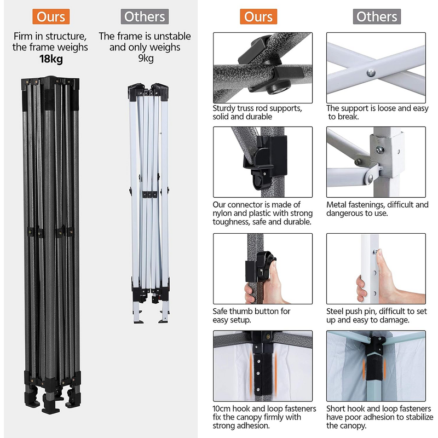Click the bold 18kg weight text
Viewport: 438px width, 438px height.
click(x=51, y=59)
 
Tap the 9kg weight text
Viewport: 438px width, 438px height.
click(x=146, y=59)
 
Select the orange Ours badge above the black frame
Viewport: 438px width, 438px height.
click(x=51, y=16)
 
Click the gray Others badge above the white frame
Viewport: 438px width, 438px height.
click(x=145, y=16)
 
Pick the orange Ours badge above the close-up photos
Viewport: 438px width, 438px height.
click(x=258, y=16)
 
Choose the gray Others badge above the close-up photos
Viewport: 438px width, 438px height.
click(x=377, y=16)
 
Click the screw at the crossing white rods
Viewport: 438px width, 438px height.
click(x=371, y=73)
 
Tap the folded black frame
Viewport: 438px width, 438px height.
click(x=51, y=244)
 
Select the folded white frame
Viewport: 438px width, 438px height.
click(x=149, y=203)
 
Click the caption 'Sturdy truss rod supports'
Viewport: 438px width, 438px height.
click(x=257, y=108)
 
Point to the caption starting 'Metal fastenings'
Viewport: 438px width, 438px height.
click(x=377, y=209)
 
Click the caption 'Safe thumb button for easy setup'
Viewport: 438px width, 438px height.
click(x=251, y=315)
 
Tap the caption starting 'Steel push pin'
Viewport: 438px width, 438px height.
click(x=377, y=315)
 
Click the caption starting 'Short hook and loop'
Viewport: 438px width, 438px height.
click(x=379, y=417)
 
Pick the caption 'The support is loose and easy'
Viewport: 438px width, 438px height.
click(x=377, y=108)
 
